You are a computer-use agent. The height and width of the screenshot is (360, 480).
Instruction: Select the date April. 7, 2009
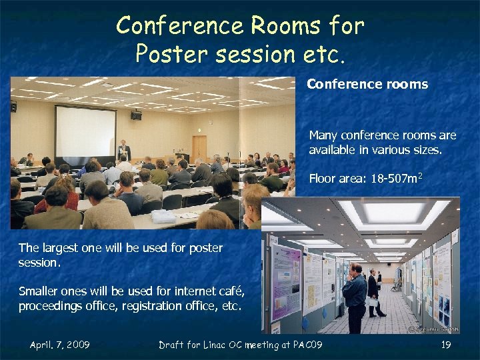tap(60, 345)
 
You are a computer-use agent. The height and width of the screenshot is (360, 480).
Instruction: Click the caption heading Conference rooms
tap(367, 85)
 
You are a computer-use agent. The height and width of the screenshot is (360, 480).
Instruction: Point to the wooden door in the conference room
tap(199, 147)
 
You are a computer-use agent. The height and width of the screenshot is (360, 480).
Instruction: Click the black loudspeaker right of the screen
tap(136, 115)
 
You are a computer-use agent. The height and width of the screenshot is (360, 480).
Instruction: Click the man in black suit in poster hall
tap(374, 293)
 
